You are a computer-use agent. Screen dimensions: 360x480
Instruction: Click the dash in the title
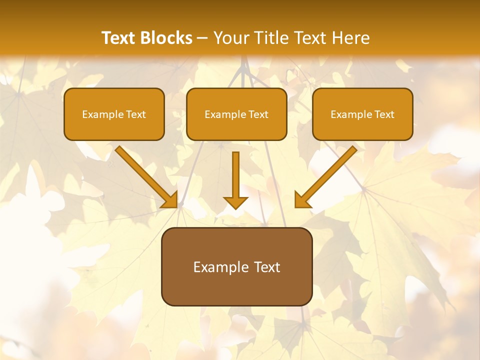coord(203,38)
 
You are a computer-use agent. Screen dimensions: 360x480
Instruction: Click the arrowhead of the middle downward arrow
coord(235,202)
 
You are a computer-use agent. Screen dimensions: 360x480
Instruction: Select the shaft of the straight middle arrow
coord(235,172)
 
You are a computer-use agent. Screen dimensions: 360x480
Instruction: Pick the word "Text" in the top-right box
coord(384,114)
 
